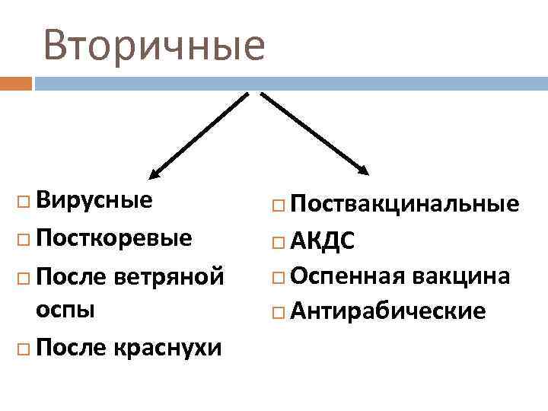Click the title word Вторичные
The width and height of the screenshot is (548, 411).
155,45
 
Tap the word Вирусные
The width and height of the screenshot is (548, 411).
94,201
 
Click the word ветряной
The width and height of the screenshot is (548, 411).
170,274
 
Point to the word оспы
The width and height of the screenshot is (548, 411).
65,311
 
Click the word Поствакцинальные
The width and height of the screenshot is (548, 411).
405,204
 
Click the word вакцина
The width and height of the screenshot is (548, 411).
462,275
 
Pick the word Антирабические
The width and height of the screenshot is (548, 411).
387,311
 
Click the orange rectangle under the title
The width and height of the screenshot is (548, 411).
16,82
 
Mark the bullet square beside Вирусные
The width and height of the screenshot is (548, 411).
22,202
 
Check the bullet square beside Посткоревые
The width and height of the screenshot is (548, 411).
22,239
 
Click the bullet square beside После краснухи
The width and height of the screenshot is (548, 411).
22,349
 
